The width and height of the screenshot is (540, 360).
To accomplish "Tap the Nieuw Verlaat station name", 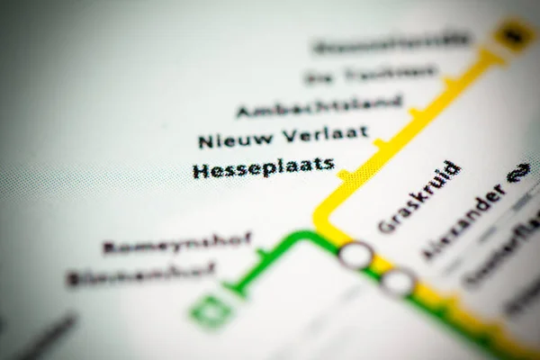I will [x=283, y=138].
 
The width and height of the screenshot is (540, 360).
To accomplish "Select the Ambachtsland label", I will [x=319, y=106].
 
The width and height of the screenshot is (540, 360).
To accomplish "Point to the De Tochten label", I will [x=370, y=74].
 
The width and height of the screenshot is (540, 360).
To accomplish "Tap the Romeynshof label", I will [x=176, y=244].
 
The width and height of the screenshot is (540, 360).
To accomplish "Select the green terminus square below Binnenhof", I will [x=210, y=310].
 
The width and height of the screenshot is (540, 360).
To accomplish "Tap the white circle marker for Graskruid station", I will [x=355, y=256].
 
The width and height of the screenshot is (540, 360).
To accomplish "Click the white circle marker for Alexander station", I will [x=397, y=282].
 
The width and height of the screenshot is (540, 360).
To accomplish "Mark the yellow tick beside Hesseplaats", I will [x=344, y=174].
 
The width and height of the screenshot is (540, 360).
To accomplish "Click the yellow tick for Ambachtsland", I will [x=415, y=112].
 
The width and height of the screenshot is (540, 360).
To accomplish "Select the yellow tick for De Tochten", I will [x=450, y=82].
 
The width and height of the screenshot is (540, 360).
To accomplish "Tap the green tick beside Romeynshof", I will [x=264, y=255].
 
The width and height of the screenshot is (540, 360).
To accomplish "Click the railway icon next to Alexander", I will [x=517, y=172].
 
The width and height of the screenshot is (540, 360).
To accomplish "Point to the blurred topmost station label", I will [x=391, y=41].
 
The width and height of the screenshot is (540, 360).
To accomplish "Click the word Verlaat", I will [x=325, y=135].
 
